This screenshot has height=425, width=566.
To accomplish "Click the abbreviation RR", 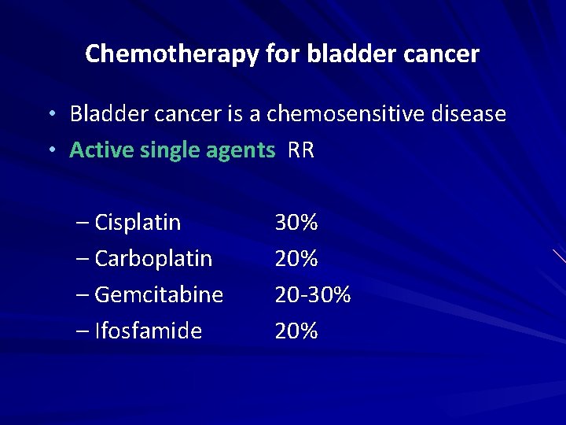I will coord(301,150).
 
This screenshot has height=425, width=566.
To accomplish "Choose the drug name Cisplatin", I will coord(138,223).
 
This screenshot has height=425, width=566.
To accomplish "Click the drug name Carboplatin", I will coord(153,259).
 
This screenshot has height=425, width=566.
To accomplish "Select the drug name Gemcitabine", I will coord(159,295).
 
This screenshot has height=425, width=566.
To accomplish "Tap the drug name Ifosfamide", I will coord(148,331).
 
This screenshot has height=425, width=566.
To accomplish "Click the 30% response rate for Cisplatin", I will coord(296,223).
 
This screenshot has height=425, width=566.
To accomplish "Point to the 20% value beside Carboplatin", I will coord(296,259).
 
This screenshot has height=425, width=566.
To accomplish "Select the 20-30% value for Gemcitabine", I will coord(313,295).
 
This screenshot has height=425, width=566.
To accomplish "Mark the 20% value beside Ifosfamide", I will coord(296,331).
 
